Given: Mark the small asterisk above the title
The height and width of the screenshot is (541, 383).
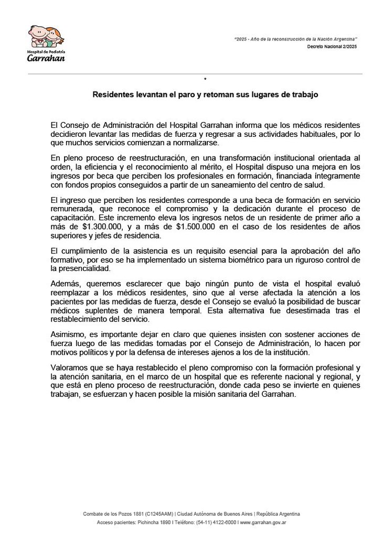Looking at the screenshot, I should (x=206, y=79).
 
